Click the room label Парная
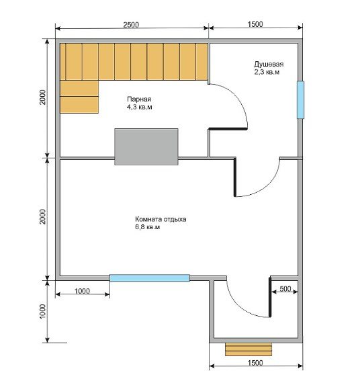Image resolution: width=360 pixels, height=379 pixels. pos(139,99)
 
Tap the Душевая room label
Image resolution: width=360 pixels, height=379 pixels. pos(269,64)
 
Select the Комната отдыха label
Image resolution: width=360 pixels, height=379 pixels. pos(161,219)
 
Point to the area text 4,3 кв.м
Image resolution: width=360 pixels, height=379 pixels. pos(140,107)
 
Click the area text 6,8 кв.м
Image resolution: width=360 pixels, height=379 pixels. pos(147,227)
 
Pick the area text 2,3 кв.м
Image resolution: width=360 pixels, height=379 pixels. pos(267,72)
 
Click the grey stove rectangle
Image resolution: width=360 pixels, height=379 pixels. pos(146,146)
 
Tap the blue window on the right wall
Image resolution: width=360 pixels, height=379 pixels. pos(300,100)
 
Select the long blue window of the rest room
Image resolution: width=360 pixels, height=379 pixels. pos(150,278)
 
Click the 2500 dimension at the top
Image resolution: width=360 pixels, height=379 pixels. pos(131,25)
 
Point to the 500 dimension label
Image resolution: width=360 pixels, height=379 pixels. pos(285,288)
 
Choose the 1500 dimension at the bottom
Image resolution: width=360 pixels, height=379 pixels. pos(255,363)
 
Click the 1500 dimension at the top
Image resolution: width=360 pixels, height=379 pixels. pos(255,24)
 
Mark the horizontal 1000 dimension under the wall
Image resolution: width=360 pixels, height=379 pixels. pos(82,291)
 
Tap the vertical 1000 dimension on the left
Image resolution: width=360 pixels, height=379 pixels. pos(42,312)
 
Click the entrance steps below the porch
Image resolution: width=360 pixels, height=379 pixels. pos(249,349)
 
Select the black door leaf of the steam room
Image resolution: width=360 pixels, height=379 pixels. pos(228,129)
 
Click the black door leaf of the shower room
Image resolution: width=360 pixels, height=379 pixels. pos(234,177)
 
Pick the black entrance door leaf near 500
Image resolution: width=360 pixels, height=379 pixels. pos(270,297)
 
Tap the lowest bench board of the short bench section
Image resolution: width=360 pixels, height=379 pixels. pos(79,105)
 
